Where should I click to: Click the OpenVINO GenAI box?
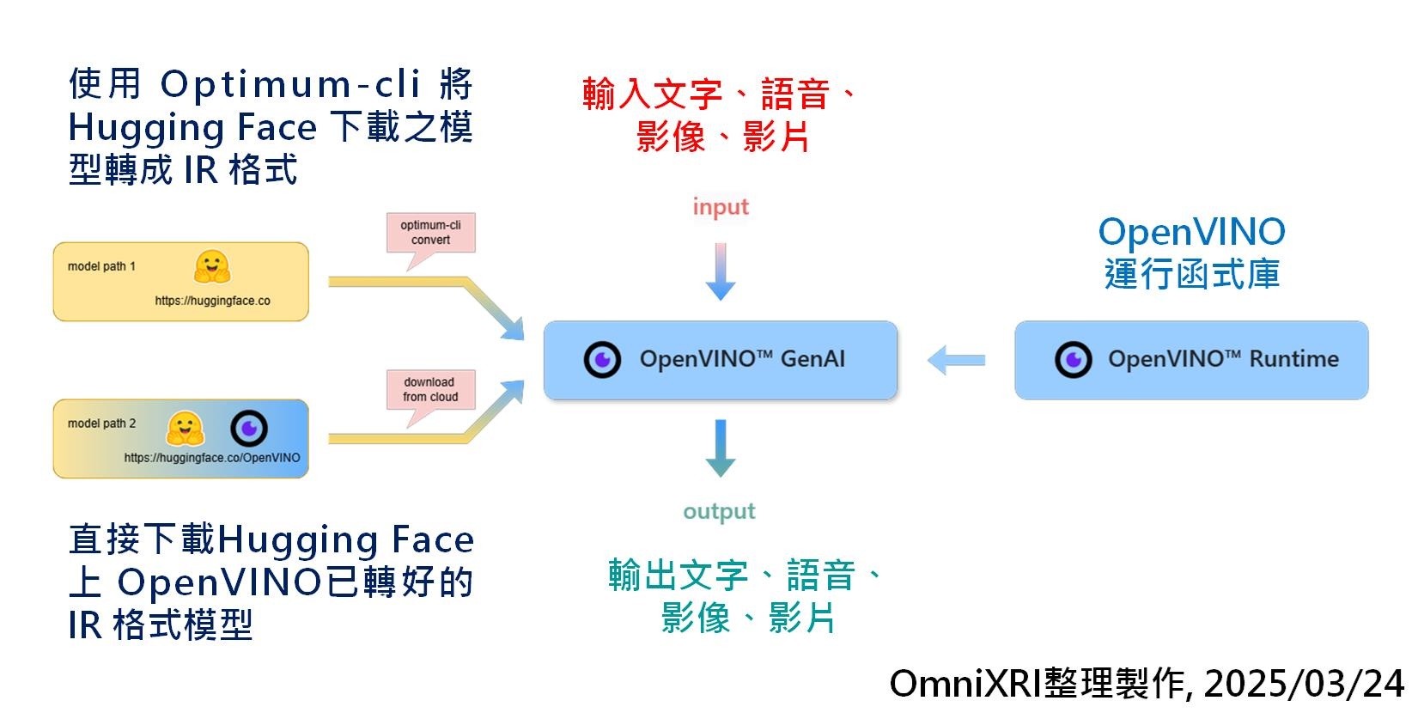tap(720, 360)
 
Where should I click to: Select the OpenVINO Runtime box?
tap(1190, 360)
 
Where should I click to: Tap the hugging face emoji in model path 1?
tap(211, 267)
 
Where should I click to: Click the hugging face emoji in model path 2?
tap(185, 428)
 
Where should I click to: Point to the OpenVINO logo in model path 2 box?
tap(249, 428)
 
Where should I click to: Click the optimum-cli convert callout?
tap(430, 233)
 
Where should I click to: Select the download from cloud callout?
tap(430, 389)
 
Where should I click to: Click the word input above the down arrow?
tap(721, 207)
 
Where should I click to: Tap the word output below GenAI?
tap(719, 512)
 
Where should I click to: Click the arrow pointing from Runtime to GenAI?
tap(956, 360)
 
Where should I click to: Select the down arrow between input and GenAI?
tap(720, 271)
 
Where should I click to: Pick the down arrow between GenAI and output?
tap(720, 448)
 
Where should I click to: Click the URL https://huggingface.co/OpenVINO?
tap(212, 458)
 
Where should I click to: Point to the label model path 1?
tap(101, 266)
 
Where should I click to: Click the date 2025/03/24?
tap(1304, 685)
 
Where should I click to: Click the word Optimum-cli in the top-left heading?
tap(289, 84)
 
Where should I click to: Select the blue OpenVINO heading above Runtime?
tap(1191, 232)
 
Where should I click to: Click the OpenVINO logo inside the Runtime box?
tap(1073, 360)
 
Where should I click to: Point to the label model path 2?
tap(101, 423)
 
